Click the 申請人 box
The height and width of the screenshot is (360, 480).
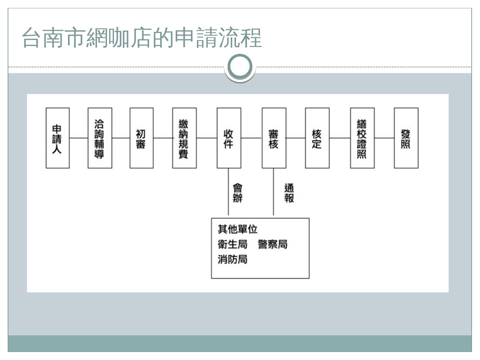click(57, 138)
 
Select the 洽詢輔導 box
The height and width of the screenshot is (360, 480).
click(100, 138)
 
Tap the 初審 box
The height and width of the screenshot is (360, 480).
click(141, 138)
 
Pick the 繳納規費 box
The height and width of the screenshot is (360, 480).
click(184, 138)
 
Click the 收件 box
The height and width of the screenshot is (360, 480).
click(229, 138)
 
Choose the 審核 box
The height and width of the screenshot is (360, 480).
click(274, 138)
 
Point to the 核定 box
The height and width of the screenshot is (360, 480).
click(317, 138)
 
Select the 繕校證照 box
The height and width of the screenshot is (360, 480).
click(362, 138)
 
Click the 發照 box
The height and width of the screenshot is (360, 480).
click(406, 138)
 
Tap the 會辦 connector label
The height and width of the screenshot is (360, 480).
click(238, 193)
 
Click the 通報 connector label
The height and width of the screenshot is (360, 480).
click(289, 193)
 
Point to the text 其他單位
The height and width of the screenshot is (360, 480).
click(237, 229)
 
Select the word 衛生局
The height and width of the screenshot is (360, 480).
click(232, 244)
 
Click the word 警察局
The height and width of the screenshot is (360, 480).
click(272, 244)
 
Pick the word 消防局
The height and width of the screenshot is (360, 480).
click(232, 259)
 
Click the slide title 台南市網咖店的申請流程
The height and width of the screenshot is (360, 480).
click(142, 38)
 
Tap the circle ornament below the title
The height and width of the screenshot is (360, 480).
click(240, 66)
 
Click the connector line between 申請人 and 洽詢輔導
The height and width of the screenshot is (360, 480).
click(79, 138)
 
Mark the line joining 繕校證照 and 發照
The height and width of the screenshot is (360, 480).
click(384, 138)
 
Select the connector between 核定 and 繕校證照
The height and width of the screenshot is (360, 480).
click(340, 138)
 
